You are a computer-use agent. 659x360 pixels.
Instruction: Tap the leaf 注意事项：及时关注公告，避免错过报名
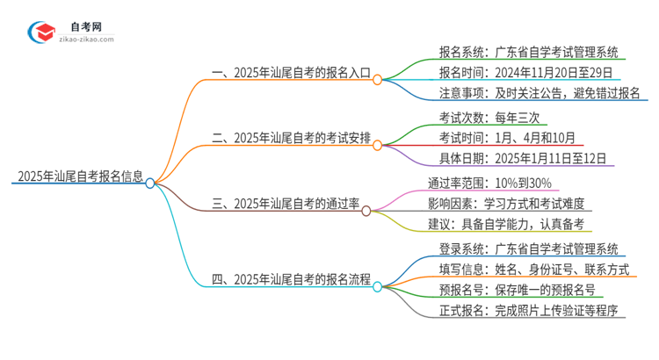pos(539,94)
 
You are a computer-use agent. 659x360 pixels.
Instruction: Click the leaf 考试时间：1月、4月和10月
pos(507,138)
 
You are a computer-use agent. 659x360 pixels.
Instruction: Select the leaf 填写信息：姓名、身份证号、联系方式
pos(533,270)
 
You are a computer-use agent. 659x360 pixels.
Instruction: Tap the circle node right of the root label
pos(150,183)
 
